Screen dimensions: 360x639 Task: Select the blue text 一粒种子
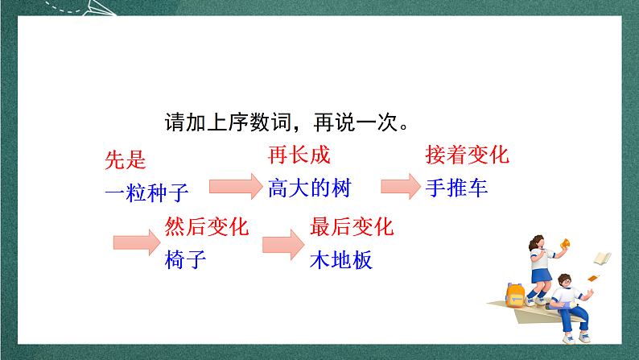tap(146, 192)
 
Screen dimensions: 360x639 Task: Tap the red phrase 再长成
tap(299, 155)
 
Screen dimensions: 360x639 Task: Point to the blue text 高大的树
tap(310, 188)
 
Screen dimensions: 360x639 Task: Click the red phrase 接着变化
tap(467, 155)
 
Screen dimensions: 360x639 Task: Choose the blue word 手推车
tap(456, 188)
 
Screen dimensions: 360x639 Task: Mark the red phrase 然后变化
tap(207, 226)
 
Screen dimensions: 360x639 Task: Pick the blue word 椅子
tap(186, 260)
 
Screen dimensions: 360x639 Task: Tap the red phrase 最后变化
tap(352, 226)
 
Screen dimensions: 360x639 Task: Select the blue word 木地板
tap(341, 260)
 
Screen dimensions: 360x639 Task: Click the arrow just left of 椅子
tap(138, 242)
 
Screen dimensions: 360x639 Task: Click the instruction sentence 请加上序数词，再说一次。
tap(287, 122)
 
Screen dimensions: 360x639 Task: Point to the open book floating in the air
tap(602, 258)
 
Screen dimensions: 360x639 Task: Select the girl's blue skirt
tap(542, 275)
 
